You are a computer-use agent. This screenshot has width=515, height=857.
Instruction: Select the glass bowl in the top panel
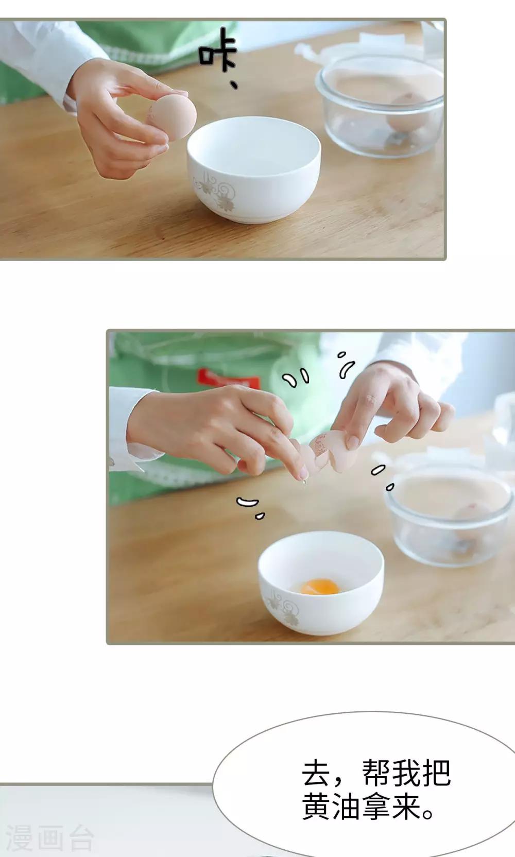coord(380,106)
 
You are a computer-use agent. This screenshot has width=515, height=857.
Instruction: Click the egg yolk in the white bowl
coord(319,587)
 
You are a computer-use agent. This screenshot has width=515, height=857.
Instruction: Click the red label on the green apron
coord(229,378)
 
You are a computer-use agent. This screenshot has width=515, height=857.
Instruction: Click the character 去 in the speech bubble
coord(316,773)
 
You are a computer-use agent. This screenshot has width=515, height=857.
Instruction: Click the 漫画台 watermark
coord(49,838)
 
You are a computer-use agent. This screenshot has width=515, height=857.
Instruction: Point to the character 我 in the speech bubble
coord(406,773)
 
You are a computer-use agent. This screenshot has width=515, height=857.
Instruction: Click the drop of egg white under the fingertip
coord(304,482)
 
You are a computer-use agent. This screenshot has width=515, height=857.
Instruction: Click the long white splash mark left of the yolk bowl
coord(247,502)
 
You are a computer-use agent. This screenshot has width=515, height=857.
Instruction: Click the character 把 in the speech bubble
coord(436,773)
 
